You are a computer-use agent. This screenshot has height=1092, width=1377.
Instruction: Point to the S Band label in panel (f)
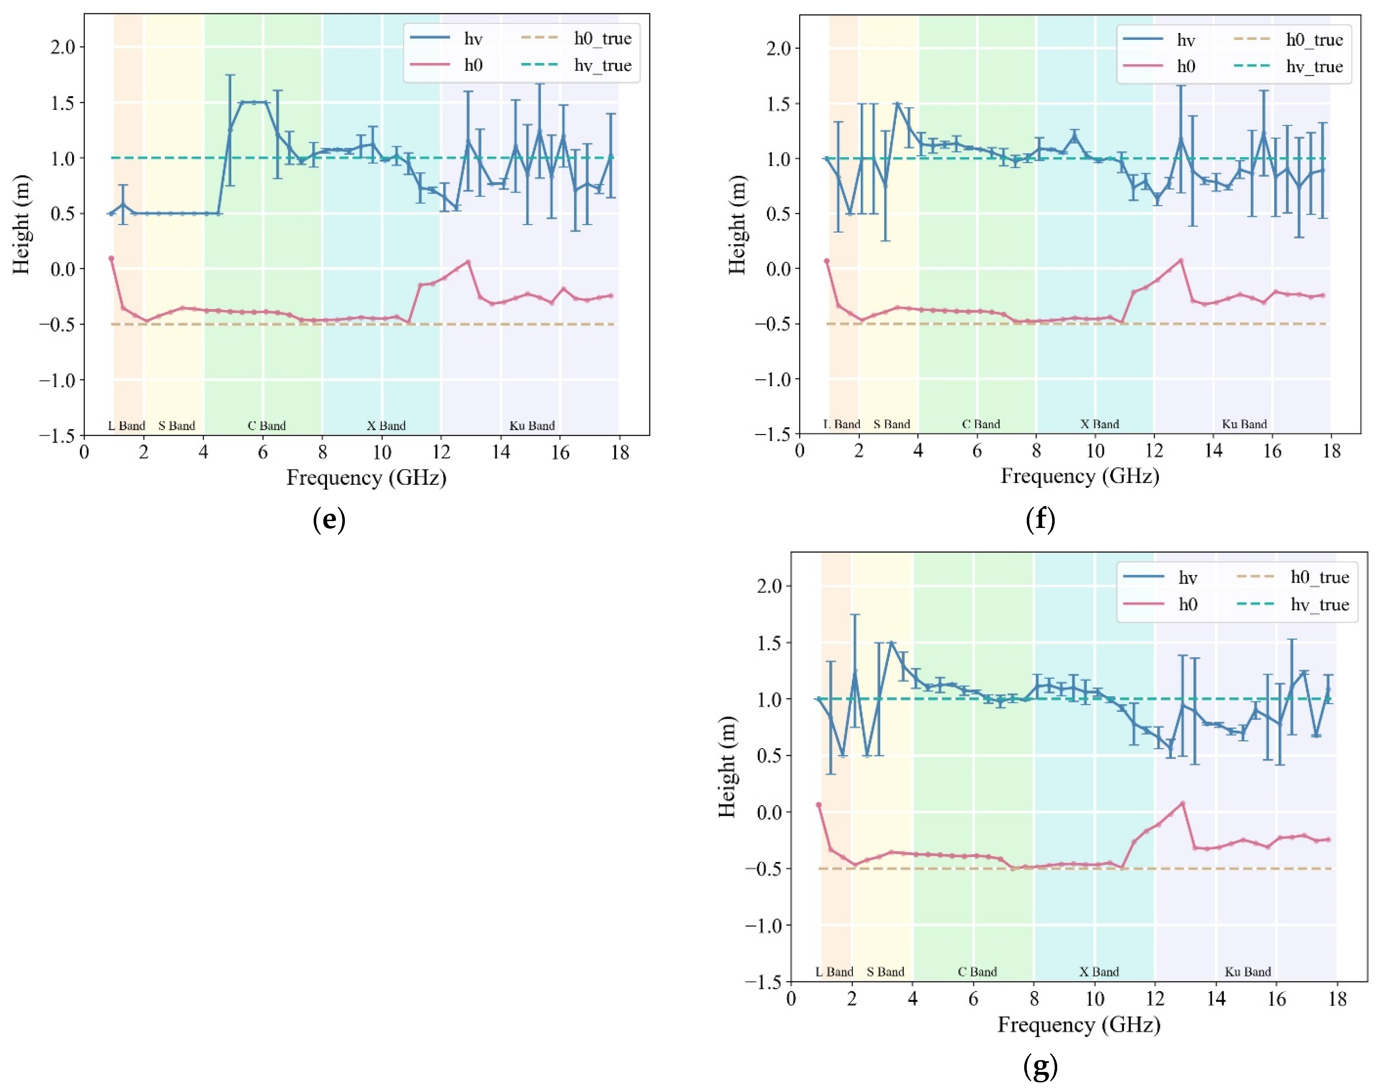point(892,424)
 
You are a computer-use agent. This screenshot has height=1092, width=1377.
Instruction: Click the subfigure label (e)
point(329,520)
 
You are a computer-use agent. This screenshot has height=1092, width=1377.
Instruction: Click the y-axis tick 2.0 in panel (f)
point(778,48)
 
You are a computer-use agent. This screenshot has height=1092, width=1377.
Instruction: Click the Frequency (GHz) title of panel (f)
point(1079,476)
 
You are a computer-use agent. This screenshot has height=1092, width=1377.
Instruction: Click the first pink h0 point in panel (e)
point(111,259)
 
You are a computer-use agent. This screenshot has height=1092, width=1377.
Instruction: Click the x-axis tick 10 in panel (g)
point(1095,1000)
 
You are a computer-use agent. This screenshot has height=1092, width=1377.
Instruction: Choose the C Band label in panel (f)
point(980,424)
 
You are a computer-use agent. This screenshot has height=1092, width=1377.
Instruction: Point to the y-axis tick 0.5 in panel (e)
point(63,214)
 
